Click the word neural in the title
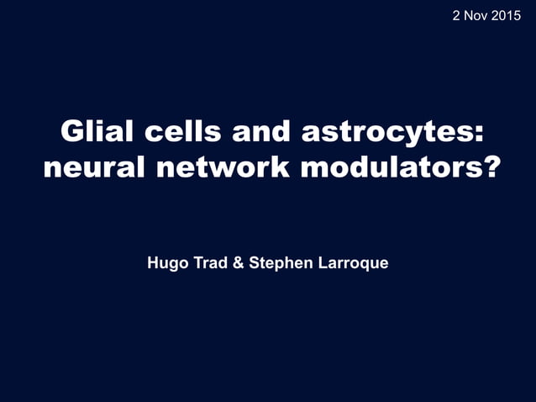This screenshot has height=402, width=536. click(x=89, y=167)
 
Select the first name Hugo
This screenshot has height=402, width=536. click(x=165, y=264)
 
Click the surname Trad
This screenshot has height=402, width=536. click(x=207, y=263)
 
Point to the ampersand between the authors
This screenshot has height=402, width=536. click(x=239, y=263)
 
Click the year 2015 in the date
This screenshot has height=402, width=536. click(x=505, y=14)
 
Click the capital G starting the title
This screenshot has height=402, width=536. click(x=71, y=132)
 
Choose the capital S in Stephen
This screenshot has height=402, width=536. click(x=255, y=263)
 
